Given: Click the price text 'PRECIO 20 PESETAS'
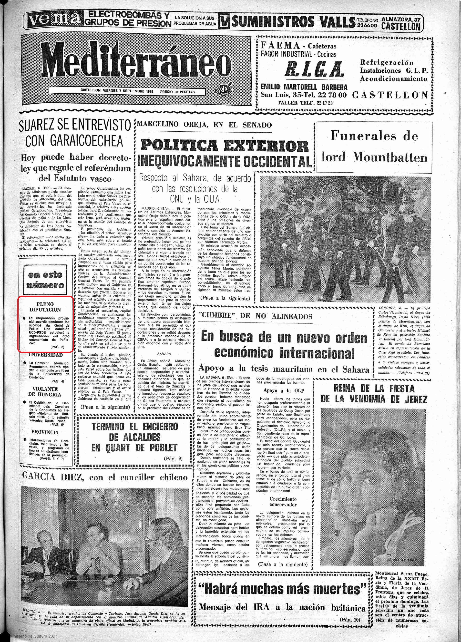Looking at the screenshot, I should (178, 92).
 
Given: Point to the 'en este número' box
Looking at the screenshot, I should (45, 280).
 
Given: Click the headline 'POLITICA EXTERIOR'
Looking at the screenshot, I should (225, 146).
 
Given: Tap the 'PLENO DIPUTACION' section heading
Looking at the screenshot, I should (45, 307).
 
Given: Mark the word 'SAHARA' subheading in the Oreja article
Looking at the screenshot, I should (164, 354).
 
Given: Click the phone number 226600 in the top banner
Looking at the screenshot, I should (367, 25).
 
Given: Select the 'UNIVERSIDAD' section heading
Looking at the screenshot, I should (45, 355).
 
